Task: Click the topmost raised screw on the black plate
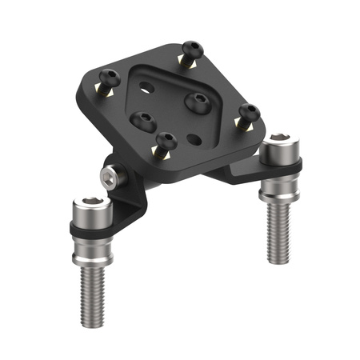tap(190, 49)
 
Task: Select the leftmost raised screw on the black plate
tap(109, 78)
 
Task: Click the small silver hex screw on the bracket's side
tap(108, 175)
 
